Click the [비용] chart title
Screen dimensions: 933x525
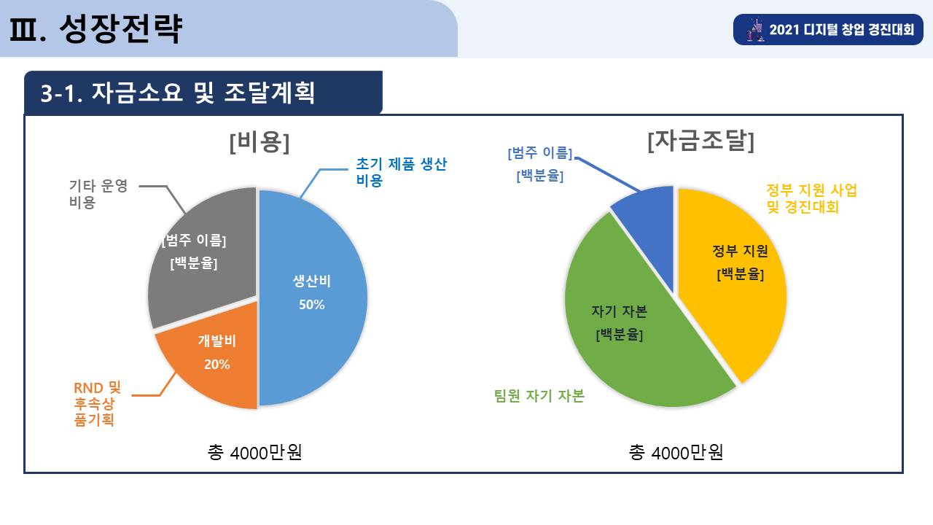pos(259,142)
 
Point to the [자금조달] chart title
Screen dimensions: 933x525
pos(701,141)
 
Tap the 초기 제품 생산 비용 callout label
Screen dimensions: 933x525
pos(401,172)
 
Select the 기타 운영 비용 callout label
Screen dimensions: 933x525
pos(98,194)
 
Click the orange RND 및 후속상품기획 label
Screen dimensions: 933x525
pos(97,403)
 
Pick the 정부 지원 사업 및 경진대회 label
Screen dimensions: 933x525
pos(812,198)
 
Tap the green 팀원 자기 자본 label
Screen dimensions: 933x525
pos(539,395)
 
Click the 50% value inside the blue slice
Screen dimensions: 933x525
pos(311,305)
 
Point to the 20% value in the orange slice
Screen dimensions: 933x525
pos(217,365)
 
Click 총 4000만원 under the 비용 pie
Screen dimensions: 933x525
pos(254,452)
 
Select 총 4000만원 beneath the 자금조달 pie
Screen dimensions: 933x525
pos(676,452)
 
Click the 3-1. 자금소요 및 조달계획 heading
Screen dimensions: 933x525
pos(177,93)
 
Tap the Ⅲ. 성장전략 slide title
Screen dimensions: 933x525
pos(95,28)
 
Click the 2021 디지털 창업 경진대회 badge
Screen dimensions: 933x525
pos(828,29)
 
